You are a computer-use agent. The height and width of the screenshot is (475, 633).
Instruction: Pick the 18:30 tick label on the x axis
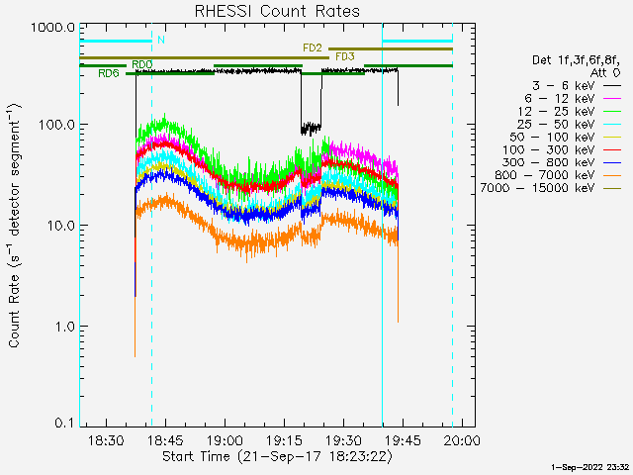pos(106,440)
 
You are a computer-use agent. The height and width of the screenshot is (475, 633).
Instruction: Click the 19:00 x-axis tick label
pos(225,440)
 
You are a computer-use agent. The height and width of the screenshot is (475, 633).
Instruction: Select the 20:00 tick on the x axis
pos(462,440)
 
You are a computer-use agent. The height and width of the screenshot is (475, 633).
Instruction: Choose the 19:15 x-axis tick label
pos(284,440)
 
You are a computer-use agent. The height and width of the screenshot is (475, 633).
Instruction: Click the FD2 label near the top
pos(313,47)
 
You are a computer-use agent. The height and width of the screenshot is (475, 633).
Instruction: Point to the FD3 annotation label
pos(345,57)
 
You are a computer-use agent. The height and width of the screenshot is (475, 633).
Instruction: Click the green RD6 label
pos(109,73)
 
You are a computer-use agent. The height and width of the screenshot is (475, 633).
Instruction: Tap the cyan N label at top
pos(160,41)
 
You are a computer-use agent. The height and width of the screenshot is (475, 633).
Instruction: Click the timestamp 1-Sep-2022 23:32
pos(590,466)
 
